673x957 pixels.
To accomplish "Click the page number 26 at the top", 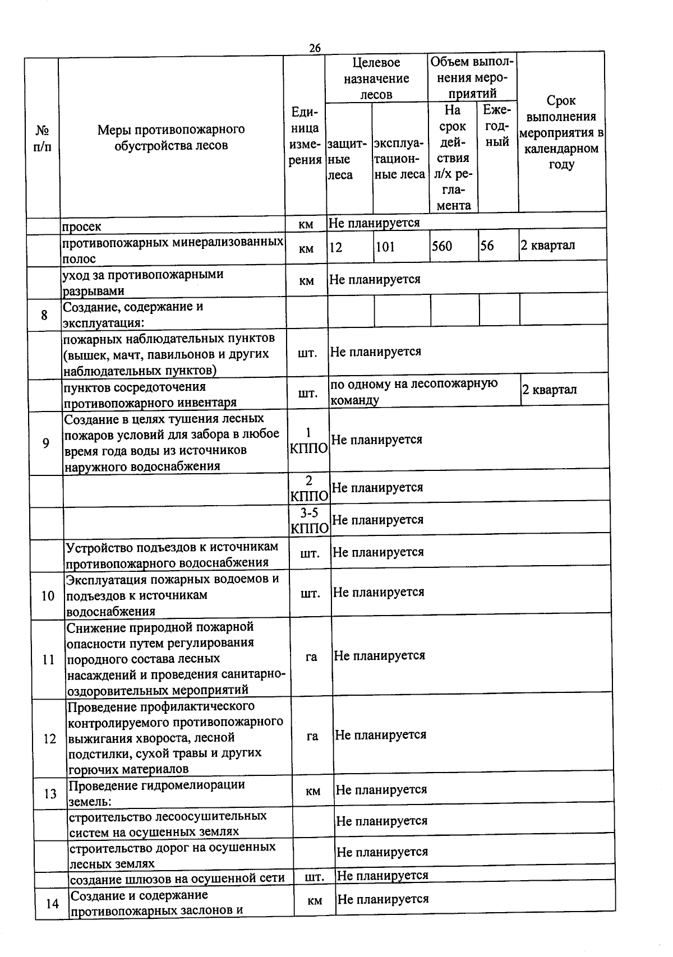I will (315, 48).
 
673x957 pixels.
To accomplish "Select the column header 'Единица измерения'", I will (305, 136).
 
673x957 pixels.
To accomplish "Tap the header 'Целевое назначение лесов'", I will (376, 78).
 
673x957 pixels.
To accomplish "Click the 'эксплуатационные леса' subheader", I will (399, 159).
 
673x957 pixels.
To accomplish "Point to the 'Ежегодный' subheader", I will (497, 126).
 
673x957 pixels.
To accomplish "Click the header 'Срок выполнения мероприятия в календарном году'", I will (561, 132).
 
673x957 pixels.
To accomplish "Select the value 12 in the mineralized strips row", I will (335, 247).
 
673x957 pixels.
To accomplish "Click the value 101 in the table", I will (385, 246).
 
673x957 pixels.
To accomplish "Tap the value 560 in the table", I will (442, 246).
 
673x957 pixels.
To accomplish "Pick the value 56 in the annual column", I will (487, 246).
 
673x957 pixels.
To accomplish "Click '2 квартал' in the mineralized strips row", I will (547, 245).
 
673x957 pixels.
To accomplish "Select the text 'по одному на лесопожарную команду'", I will (414, 391).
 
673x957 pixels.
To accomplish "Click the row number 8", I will (44, 315).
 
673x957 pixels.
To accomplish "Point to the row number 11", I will (48, 659).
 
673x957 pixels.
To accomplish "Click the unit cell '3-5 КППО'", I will (309, 521).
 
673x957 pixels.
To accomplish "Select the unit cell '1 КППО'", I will (308, 441).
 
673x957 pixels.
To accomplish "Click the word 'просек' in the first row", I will (82, 226).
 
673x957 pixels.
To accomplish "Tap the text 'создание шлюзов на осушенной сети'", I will (177, 878).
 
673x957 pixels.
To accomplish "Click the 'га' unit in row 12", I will (312, 736).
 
